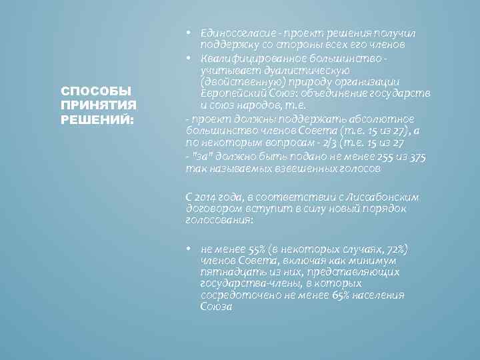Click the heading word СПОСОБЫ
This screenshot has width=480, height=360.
(x=88, y=91)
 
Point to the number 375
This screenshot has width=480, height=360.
(x=417, y=157)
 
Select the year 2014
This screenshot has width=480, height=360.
(x=207, y=198)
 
